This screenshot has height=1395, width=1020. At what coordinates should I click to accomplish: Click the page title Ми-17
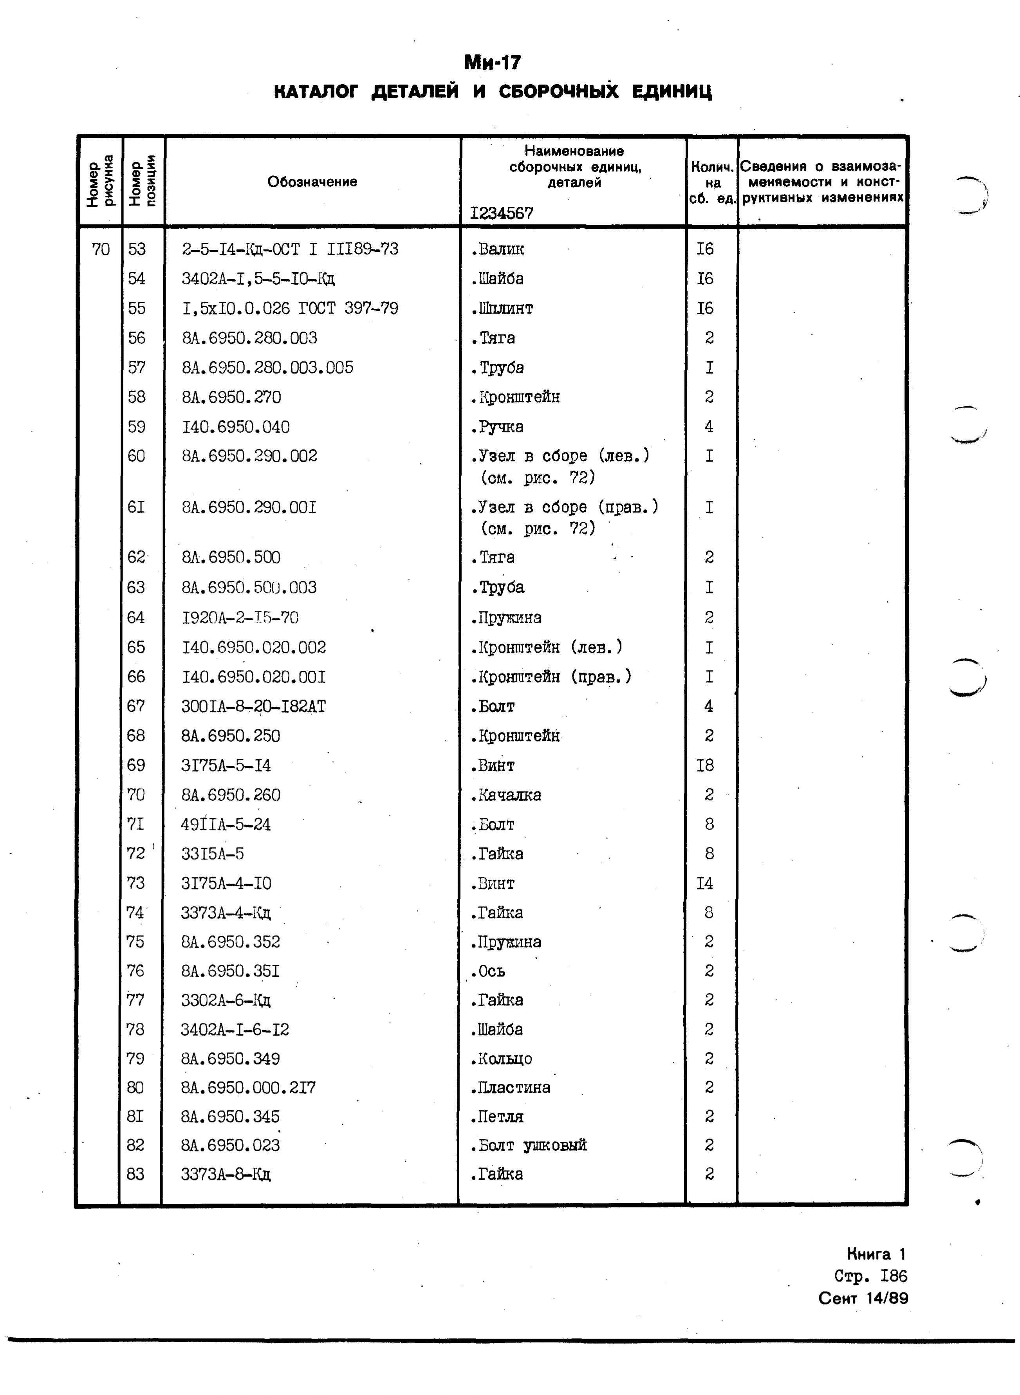492,62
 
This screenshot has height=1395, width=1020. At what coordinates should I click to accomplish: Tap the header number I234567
501,213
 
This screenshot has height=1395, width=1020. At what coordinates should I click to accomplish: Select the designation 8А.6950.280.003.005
267,368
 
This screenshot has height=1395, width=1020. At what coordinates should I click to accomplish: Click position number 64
136,617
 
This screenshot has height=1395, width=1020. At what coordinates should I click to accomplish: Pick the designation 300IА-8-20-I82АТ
253,706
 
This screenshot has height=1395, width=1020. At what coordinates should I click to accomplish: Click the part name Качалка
506,795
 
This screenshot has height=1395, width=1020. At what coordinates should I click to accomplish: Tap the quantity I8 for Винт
705,765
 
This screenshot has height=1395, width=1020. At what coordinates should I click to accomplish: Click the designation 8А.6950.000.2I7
248,1088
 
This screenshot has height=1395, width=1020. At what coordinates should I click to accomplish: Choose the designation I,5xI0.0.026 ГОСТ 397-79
290,308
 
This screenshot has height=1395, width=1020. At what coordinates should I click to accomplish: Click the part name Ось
488,971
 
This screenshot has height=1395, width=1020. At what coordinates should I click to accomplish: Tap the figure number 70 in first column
101,249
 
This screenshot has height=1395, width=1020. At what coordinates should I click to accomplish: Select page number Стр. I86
870,1276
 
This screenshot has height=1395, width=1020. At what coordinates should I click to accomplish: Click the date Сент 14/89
863,1298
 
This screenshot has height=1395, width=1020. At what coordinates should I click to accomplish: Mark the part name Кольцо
501,1059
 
